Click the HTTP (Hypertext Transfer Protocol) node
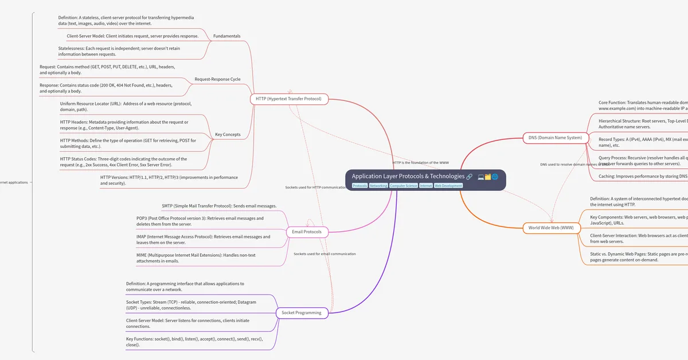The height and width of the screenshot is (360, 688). coord(289,99)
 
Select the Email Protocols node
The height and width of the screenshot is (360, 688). coord(307,232)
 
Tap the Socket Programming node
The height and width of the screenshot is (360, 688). coord(302,312)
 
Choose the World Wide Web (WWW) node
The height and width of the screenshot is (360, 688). coord(551,228)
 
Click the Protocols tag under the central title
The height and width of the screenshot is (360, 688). coord(360,186)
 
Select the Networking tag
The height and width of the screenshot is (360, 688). coord(378,186)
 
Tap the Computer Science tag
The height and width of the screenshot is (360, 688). coord(404,186)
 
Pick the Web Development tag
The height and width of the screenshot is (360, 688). coord(448,186)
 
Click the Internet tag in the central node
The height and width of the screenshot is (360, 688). coord(426,186)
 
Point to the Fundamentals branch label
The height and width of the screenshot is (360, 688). coord(226,36)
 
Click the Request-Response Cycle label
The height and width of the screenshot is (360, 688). coord(217,79)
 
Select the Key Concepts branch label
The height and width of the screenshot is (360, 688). coord(228,135)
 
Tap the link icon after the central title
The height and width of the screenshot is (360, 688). coord(469,177)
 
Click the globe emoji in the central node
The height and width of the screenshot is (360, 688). coord(495,177)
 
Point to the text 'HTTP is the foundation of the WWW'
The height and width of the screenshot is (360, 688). coord(421,163)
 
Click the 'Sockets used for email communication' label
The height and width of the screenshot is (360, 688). coord(325,253)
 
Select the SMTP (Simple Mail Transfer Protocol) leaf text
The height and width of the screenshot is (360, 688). coord(220,206)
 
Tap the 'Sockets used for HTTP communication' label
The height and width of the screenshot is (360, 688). coord(316,187)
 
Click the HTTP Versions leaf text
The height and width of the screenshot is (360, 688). coord(169,180)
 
